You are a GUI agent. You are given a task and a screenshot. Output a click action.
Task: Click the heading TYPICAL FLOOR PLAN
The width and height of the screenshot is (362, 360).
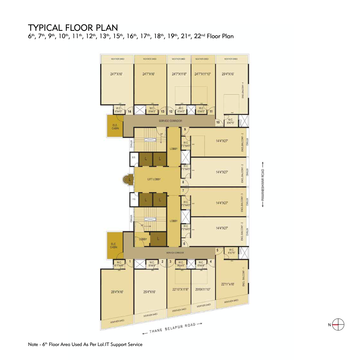[x=73, y=28]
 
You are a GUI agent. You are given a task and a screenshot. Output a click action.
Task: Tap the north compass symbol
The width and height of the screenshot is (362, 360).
[x=339, y=324]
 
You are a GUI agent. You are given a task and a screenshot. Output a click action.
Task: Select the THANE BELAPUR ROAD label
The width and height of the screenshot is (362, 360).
[x=171, y=328]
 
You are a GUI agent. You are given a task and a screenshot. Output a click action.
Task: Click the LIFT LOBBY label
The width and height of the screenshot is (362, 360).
[x=154, y=179]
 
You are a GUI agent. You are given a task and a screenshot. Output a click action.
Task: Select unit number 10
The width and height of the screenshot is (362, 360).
[x=218, y=122]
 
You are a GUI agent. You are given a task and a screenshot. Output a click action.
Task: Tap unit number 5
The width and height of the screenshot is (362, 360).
[x=217, y=250]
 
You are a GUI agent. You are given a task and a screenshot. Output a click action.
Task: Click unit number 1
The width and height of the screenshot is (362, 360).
[x=130, y=261]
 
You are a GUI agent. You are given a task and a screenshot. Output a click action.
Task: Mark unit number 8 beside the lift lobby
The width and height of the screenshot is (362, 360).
[x=183, y=182]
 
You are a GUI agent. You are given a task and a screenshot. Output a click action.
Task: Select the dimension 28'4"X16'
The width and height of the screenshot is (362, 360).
[x=117, y=291]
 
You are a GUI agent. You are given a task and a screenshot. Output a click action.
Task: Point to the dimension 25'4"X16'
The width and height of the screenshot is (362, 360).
[x=150, y=291]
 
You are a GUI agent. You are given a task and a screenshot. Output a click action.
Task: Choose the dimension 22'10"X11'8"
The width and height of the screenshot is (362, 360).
[x=180, y=289]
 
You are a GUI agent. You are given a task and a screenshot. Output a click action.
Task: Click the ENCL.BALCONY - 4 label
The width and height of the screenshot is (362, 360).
[x=243, y=90]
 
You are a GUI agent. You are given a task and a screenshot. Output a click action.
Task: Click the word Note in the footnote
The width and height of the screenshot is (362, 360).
[x=33, y=344]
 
